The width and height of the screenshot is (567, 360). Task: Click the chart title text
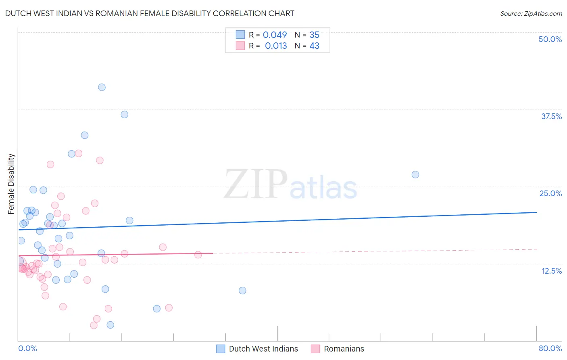(150, 13)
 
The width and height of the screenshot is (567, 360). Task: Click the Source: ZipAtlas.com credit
(531, 13)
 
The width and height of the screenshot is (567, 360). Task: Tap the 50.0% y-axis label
(550, 39)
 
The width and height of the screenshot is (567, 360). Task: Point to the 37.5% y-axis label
(551, 116)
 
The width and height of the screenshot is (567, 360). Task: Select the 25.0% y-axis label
(550, 193)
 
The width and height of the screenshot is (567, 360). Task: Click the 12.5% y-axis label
(551, 271)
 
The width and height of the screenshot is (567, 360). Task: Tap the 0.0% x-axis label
(28, 348)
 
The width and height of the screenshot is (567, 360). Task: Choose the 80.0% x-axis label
(550, 348)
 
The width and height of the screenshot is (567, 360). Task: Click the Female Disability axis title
(11, 184)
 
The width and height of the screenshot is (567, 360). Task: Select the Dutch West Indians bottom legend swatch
(221, 349)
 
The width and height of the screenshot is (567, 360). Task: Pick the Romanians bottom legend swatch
(315, 349)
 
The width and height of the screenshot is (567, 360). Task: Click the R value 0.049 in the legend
(275, 35)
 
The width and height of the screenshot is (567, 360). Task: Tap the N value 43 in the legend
(314, 46)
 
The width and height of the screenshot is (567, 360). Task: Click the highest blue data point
(102, 87)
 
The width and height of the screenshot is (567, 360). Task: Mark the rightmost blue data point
(415, 175)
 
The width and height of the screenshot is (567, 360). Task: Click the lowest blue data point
(110, 325)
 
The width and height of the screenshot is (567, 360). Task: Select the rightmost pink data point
(198, 255)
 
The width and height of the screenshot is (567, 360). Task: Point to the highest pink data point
(79, 153)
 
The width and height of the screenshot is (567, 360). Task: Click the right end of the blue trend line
(536, 212)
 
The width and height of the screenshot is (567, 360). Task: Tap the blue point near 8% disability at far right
(242, 291)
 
